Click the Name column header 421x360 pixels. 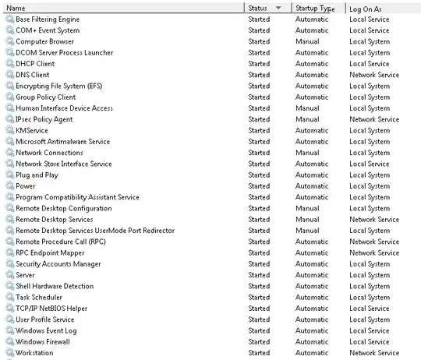[16, 8]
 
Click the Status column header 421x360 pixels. [257, 8]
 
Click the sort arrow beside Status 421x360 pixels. [279, 8]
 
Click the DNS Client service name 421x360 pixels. [32, 75]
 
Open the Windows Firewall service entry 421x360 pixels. [43, 341]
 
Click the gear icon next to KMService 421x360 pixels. [9, 131]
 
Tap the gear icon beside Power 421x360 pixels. [9, 186]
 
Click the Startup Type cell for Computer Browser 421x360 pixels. [307, 42]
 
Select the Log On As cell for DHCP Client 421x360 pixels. [369, 64]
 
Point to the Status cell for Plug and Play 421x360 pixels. [259, 175]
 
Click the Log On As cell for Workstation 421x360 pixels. [373, 353]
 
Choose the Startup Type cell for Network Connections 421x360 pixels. [307, 153]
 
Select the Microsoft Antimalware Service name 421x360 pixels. [62, 142]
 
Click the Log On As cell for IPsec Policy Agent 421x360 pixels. [373, 119]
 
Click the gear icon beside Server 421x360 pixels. [9, 275]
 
